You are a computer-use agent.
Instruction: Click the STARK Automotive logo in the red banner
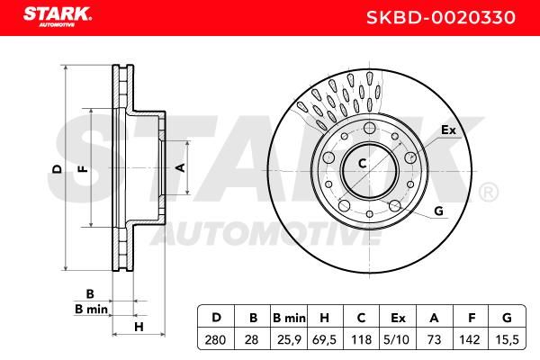[58, 17]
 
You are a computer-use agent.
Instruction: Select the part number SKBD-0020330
[441, 18]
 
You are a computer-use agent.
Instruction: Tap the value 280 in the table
[215, 340]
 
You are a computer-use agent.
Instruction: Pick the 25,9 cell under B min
[289, 340]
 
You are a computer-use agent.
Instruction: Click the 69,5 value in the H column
[324, 340]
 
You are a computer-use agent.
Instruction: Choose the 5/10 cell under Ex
[397, 340]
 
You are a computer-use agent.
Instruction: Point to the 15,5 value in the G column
[506, 340]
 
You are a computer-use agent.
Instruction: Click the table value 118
[361, 340]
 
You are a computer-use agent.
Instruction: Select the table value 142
[470, 340]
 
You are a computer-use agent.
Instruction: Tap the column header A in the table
[434, 318]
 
